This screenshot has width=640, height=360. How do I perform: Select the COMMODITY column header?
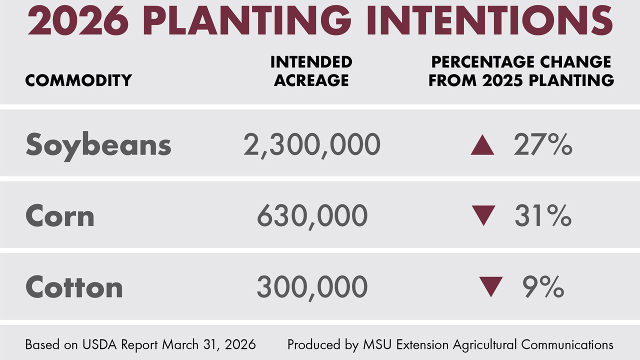click(x=78, y=80)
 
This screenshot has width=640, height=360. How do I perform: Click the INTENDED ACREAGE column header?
click(x=311, y=71)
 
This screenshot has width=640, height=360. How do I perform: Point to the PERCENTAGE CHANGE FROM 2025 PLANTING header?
click(x=521, y=71)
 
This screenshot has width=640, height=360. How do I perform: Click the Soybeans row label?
click(x=98, y=145)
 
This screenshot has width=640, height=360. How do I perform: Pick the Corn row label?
click(x=60, y=216)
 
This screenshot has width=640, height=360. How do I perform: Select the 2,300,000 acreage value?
click(x=311, y=145)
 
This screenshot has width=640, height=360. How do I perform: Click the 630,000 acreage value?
click(x=312, y=216)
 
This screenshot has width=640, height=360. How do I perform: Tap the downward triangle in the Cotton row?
click(x=490, y=286)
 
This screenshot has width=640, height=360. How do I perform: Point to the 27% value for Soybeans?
click(x=543, y=145)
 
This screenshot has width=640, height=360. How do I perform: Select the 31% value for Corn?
click(x=543, y=216)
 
